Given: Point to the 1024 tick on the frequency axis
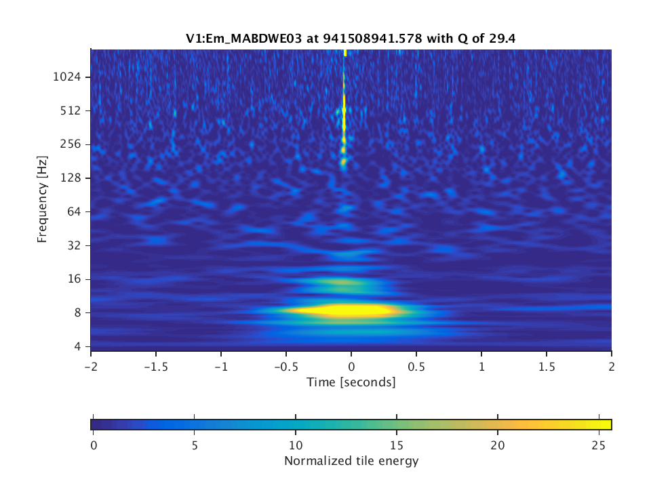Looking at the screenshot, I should coord(68,77).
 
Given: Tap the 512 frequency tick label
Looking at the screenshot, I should coord(72,110).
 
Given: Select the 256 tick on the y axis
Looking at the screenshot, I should coord(72,144).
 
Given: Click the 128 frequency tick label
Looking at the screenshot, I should coord(72,178).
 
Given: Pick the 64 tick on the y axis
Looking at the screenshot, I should coord(75,211).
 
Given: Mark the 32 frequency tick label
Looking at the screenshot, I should coord(75,245).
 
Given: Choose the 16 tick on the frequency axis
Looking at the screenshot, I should coord(75,279).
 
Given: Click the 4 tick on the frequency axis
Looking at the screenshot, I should coord(77,346).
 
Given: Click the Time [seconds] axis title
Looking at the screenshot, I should coord(351,382).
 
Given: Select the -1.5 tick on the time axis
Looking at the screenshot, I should coord(155,365).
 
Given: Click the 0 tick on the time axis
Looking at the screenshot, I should coord(351,365).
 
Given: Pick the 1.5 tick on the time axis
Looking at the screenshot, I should coord(547,365).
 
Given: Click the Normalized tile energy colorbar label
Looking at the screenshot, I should coord(351,462).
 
